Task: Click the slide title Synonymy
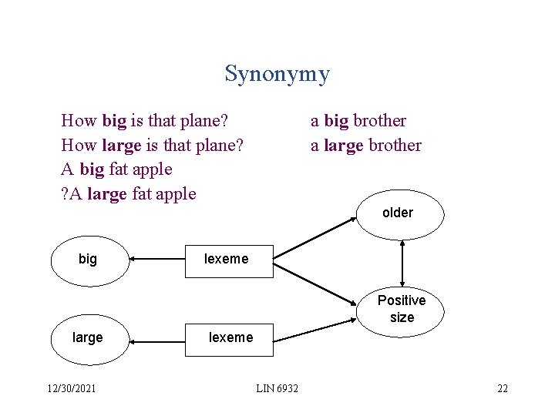[x=277, y=74]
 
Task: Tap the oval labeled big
[x=88, y=260]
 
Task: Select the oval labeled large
[x=88, y=337]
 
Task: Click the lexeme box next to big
[x=227, y=260]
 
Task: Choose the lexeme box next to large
[x=230, y=337]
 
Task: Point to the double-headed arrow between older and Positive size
[x=402, y=261]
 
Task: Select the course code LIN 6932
[x=277, y=389]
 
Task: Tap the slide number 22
[x=503, y=389]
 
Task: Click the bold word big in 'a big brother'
[x=336, y=121]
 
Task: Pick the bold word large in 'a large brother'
[x=343, y=146]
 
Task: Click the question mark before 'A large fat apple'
[x=64, y=193]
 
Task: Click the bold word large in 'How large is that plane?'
[x=121, y=146]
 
